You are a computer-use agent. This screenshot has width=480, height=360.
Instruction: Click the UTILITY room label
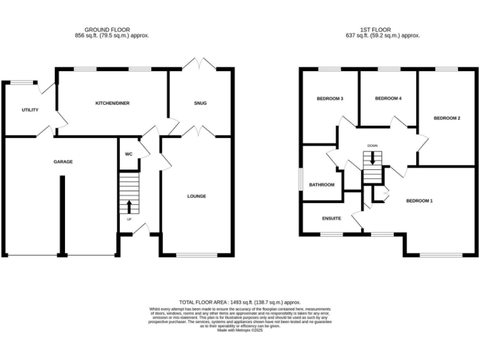pos(30,110)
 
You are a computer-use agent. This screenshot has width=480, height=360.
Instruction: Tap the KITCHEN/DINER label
pos(112,102)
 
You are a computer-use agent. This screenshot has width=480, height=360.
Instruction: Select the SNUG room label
pos(200,103)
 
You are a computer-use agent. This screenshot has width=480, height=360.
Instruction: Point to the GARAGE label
pos(62,162)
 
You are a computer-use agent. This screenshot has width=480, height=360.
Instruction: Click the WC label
pos(128,154)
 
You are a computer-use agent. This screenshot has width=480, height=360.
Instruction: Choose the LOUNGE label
pos(196,196)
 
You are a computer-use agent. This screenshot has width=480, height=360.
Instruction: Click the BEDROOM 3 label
pos(329,99)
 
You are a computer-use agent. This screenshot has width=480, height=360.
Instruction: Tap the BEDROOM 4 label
pos(387,99)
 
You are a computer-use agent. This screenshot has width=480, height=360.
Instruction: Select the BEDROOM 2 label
pos(447,118)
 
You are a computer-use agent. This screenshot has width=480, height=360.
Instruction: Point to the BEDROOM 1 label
pos(419,201)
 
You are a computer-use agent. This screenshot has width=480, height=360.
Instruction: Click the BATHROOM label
pos(321,185)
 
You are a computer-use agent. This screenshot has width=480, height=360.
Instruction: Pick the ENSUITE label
pos(331,219)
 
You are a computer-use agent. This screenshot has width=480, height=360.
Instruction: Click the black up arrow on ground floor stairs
pos(129,206)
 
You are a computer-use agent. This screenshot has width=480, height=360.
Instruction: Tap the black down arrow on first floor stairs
pos(372,159)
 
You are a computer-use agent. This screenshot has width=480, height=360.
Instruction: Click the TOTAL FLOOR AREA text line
pos(240,301)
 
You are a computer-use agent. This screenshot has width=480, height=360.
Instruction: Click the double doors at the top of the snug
pos(200,64)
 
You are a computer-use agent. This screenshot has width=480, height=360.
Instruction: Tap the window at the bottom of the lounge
pos(196,255)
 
